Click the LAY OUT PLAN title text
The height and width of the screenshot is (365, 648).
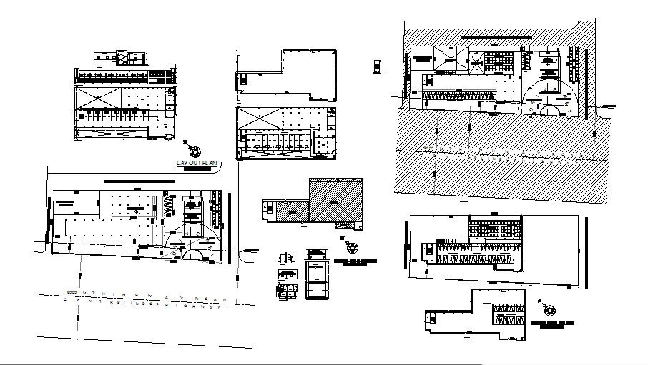pos(196,164)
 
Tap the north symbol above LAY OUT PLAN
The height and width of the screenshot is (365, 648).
pos(194,150)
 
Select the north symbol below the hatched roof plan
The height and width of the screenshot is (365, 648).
pos(350,247)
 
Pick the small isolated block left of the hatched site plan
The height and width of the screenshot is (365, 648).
pos(375,67)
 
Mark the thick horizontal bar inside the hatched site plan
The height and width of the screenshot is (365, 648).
pos(495,36)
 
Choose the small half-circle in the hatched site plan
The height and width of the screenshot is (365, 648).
pos(549,110)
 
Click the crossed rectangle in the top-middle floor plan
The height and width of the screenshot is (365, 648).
pos(258,119)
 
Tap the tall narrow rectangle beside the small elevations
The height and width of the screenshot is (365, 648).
pos(315,281)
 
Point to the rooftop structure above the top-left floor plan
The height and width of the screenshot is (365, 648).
pos(120,58)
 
